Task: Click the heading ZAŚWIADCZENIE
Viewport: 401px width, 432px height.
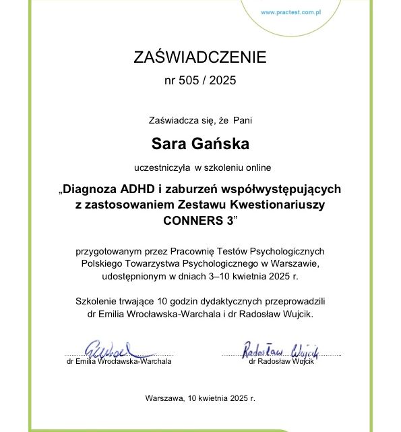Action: point(200,57)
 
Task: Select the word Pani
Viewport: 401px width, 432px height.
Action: point(243,121)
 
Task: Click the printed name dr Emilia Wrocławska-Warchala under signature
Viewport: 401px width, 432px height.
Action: point(119,361)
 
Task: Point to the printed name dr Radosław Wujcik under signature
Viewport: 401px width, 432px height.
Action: point(281,361)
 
